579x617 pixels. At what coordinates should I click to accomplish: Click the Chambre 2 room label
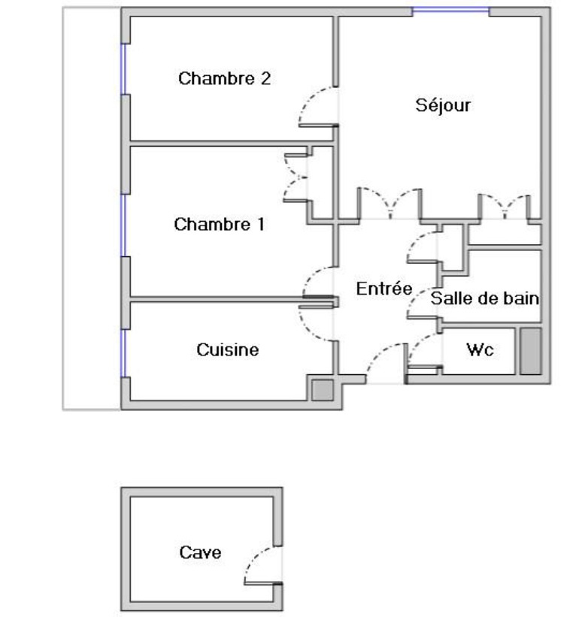tap(224, 78)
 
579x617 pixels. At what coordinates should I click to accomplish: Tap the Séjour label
tap(443, 105)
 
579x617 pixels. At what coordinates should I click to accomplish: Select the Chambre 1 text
tap(219, 224)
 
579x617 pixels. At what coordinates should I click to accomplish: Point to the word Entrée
tap(384, 289)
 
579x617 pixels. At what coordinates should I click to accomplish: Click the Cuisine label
tap(228, 349)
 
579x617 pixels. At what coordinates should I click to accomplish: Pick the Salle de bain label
tap(484, 298)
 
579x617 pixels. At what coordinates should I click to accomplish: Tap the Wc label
tap(480, 349)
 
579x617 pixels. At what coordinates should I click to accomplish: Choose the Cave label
tap(200, 552)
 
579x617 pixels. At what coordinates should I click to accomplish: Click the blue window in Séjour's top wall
tap(450, 10)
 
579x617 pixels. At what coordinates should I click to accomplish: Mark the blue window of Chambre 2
tap(123, 69)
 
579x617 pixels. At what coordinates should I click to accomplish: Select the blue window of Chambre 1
tap(123, 225)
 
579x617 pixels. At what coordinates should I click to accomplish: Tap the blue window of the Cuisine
tap(123, 353)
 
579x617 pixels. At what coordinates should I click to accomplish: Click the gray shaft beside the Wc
tap(531, 351)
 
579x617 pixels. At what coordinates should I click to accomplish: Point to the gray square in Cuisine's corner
tap(323, 390)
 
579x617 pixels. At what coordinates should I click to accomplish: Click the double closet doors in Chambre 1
tap(296, 178)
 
